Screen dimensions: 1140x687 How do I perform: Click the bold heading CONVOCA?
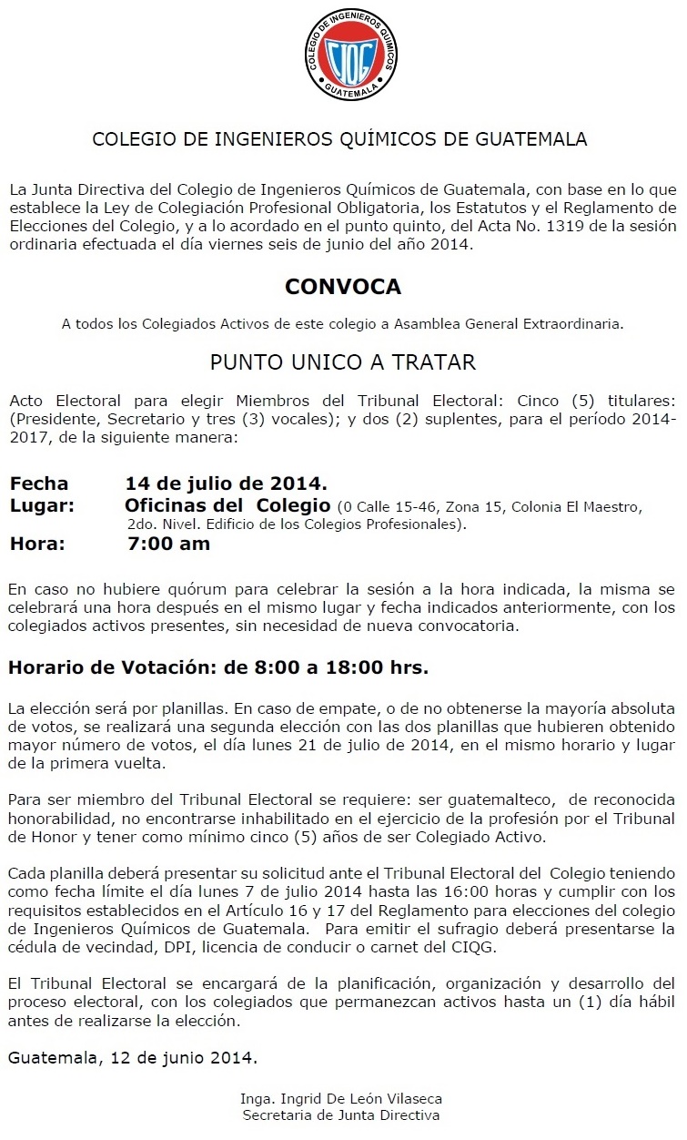pyautogui.click(x=343, y=286)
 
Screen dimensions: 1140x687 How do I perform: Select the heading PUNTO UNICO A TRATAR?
pyautogui.click(x=343, y=362)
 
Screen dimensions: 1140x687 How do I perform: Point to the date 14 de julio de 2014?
pyautogui.click(x=226, y=483)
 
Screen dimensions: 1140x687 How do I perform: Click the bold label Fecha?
pyautogui.click(x=39, y=483)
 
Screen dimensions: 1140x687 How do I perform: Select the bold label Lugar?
pyautogui.click(x=42, y=505)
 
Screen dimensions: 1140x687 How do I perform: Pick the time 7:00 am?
pyautogui.click(x=168, y=545)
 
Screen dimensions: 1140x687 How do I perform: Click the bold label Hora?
pyautogui.click(x=37, y=545)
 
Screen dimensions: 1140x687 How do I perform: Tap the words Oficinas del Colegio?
pyautogui.click(x=227, y=505)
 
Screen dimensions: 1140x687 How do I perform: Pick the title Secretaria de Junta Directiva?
pyautogui.click(x=341, y=1115)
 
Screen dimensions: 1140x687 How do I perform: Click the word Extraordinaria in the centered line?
pyautogui.click(x=575, y=322)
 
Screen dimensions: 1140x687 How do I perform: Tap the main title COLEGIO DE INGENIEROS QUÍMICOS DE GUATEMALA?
pyautogui.click(x=340, y=139)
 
